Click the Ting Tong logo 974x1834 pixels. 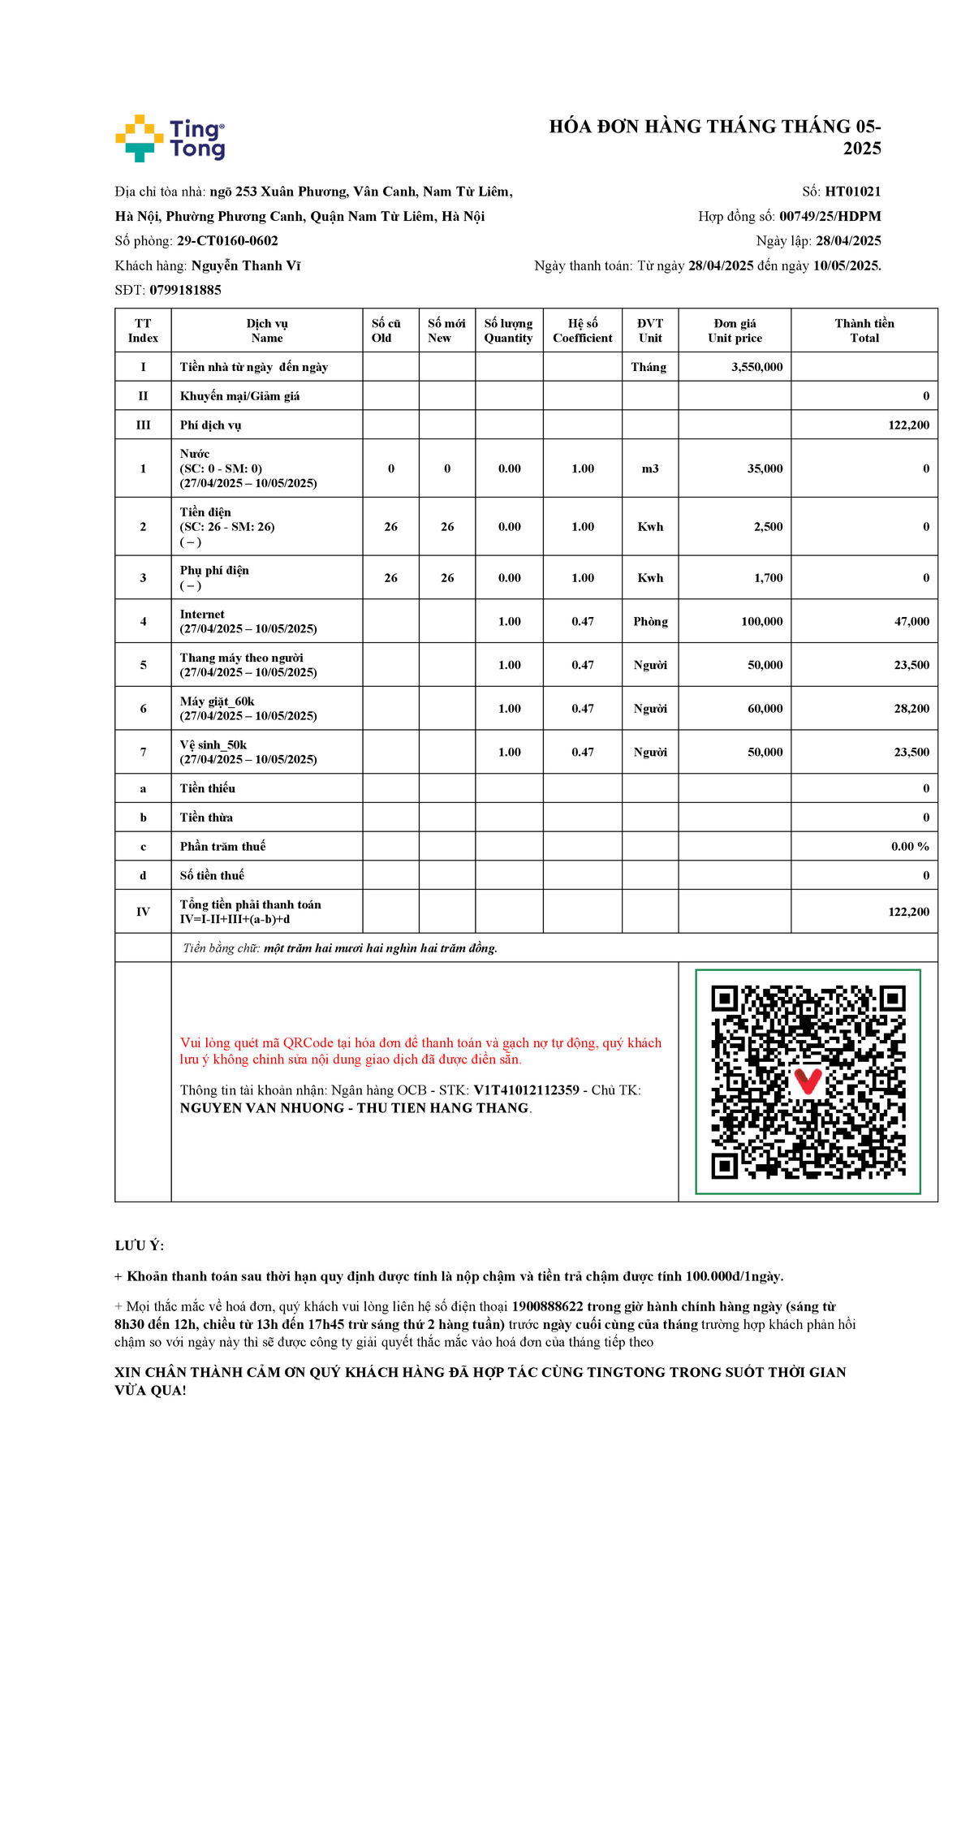pyautogui.click(x=170, y=138)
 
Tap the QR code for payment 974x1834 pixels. pyautogui.click(x=808, y=1081)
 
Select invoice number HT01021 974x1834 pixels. pyautogui.click(x=852, y=192)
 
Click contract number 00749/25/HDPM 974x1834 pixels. pyautogui.click(x=830, y=216)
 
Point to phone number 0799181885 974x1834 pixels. pyautogui.click(x=185, y=290)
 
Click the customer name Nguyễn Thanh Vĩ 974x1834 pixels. pyautogui.click(x=246, y=265)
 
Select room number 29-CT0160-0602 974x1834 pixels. pyautogui.click(x=227, y=241)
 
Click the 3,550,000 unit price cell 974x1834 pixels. pyautogui.click(x=756, y=367)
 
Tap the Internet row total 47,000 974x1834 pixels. pyautogui.click(x=912, y=622)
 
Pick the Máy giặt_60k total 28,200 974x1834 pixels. pyautogui.click(x=912, y=709)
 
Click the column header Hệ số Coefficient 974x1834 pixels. pyautogui.click(x=583, y=330)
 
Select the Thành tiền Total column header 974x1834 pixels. pyautogui.click(x=864, y=330)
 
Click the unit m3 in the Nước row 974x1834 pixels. pyautogui.click(x=650, y=468)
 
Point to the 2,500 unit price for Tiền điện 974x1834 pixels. pyautogui.click(x=768, y=527)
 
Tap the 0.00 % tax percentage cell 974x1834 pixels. pyautogui.click(x=910, y=846)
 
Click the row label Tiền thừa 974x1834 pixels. pyautogui.click(x=206, y=818)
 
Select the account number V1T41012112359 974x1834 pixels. pyautogui.click(x=526, y=1090)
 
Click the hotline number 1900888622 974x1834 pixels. pyautogui.click(x=547, y=1306)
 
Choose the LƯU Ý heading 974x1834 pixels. pyautogui.click(x=139, y=1245)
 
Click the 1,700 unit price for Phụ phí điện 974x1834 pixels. pyautogui.click(x=768, y=578)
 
